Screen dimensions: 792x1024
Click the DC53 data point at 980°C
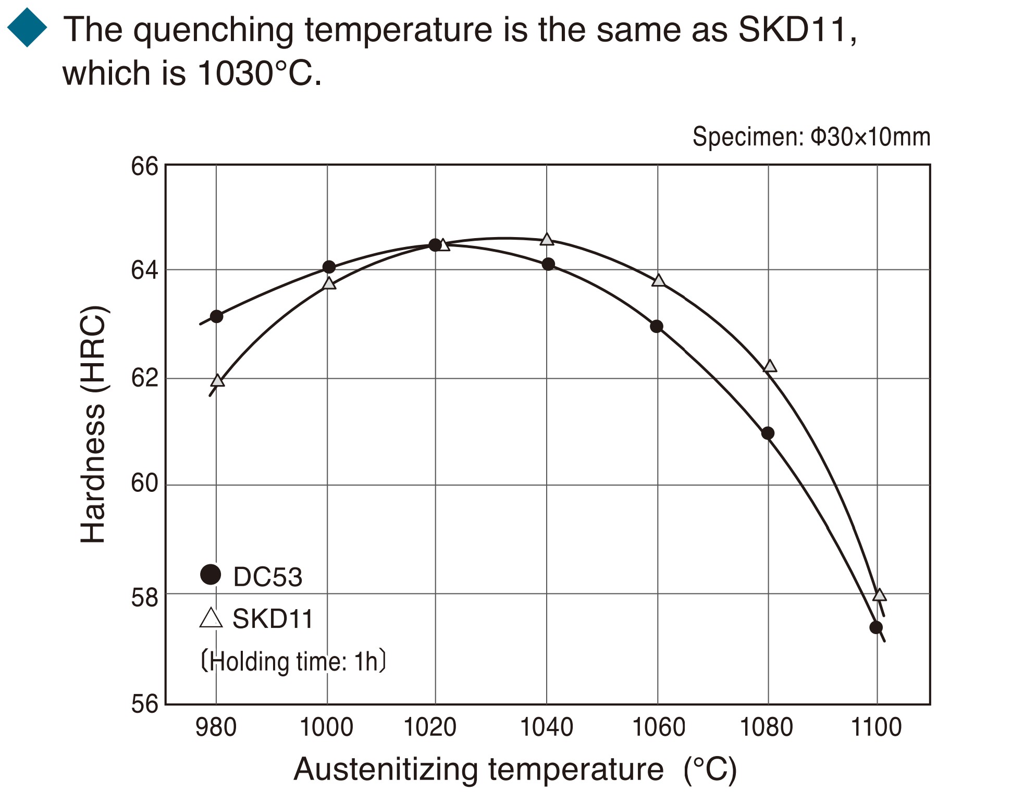(216, 316)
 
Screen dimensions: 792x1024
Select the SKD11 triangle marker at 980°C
(218, 381)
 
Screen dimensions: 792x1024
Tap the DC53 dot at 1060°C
(657, 327)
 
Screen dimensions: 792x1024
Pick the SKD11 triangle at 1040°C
(547, 240)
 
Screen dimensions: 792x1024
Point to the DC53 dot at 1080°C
(768, 433)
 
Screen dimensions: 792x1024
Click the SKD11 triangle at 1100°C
(879, 595)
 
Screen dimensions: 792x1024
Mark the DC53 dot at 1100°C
(876, 627)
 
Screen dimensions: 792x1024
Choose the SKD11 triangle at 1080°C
(770, 366)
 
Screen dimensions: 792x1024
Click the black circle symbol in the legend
(211, 575)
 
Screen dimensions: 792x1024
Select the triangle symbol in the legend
(211, 618)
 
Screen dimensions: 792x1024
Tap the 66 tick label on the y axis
(144, 167)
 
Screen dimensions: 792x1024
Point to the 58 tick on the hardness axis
(144, 598)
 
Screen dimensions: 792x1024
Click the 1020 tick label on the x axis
(430, 727)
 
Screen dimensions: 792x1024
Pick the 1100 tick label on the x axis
(876, 727)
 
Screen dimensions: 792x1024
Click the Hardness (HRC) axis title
(94, 425)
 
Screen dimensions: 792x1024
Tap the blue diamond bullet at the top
(27, 28)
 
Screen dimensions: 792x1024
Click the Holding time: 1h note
(293, 662)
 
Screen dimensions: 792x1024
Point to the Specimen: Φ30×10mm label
(811, 137)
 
